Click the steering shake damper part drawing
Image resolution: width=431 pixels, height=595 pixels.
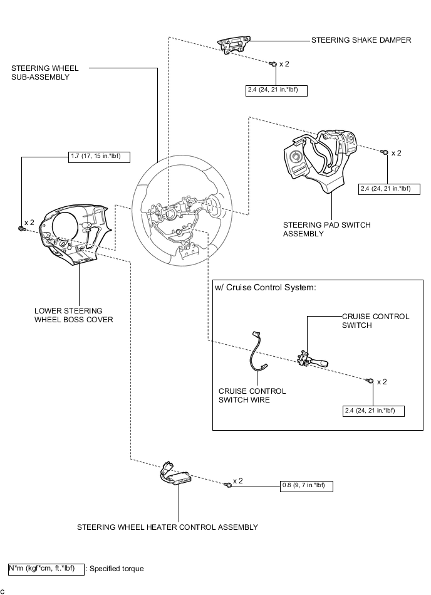coord(233,45)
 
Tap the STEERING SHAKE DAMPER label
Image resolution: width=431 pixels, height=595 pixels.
coord(361,40)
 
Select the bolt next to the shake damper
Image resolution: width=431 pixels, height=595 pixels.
coord(273,64)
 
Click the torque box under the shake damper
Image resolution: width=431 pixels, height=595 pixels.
coord(276,90)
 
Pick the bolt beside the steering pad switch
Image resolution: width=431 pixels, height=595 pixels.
coord(383,152)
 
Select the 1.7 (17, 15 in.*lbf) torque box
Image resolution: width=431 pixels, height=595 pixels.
coord(99,157)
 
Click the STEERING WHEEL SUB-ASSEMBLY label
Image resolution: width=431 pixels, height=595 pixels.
coord(39,73)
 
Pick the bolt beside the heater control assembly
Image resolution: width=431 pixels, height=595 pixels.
coord(229,485)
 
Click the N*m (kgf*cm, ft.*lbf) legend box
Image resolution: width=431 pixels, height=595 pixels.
coord(46,569)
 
